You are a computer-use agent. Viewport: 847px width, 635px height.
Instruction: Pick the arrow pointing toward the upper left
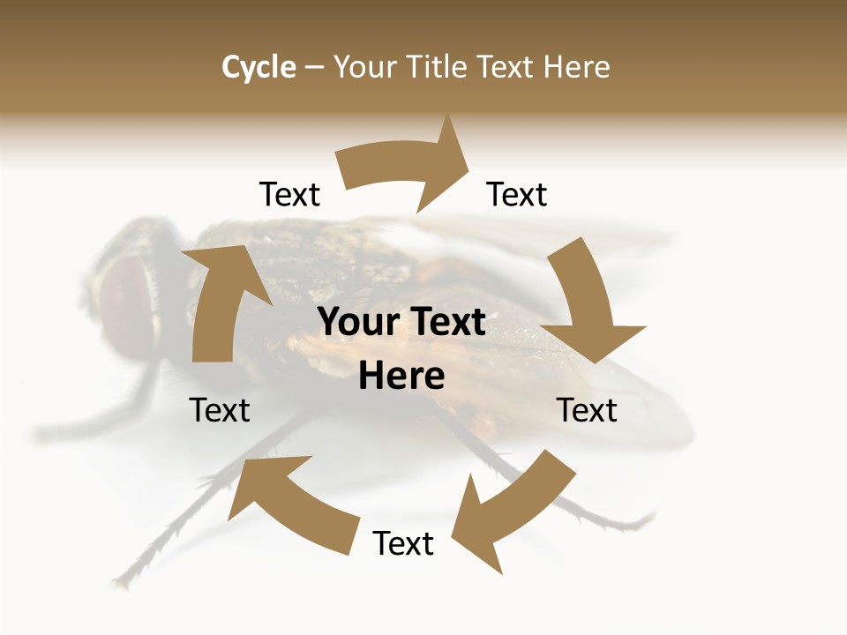pyautogui.click(x=291, y=503)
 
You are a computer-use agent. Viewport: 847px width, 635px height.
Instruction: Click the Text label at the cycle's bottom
pyautogui.click(x=403, y=544)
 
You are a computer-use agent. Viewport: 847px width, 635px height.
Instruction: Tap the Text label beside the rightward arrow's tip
pyautogui.click(x=517, y=194)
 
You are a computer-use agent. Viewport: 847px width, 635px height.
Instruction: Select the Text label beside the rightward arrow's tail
pyautogui.click(x=289, y=194)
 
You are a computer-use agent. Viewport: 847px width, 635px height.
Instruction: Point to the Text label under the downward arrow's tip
pyautogui.click(x=588, y=410)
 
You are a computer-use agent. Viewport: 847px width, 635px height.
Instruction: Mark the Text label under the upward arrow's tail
pyautogui.click(x=220, y=410)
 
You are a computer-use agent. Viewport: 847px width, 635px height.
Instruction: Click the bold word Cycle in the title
pyautogui.click(x=259, y=67)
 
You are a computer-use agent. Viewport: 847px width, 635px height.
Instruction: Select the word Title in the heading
pyautogui.click(x=438, y=67)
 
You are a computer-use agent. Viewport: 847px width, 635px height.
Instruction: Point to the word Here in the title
pyautogui.click(x=577, y=67)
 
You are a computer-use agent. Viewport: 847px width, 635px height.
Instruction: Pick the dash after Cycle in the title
pyautogui.click(x=314, y=67)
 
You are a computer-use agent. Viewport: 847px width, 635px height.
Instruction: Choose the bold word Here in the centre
pyautogui.click(x=401, y=376)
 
